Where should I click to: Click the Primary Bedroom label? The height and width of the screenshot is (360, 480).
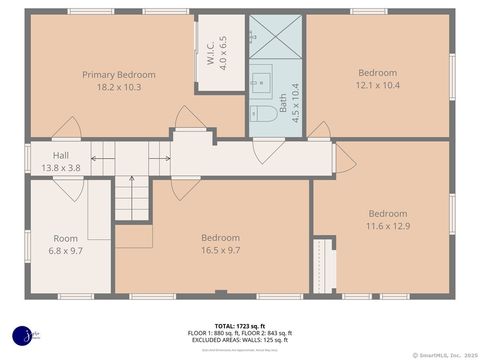118,74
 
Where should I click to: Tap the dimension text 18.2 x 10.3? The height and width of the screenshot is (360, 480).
118,87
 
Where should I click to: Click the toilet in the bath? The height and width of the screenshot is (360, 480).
265,114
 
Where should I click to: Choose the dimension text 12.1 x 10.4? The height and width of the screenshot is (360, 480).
377,86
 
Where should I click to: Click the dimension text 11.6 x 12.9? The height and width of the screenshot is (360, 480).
387,227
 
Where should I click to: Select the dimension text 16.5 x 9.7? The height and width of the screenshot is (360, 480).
220,250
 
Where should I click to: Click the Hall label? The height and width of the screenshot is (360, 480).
61,155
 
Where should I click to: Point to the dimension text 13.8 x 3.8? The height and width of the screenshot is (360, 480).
61,168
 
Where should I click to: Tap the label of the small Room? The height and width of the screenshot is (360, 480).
65,238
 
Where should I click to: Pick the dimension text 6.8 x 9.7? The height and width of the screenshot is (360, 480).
65,251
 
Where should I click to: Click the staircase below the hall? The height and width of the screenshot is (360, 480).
130,198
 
